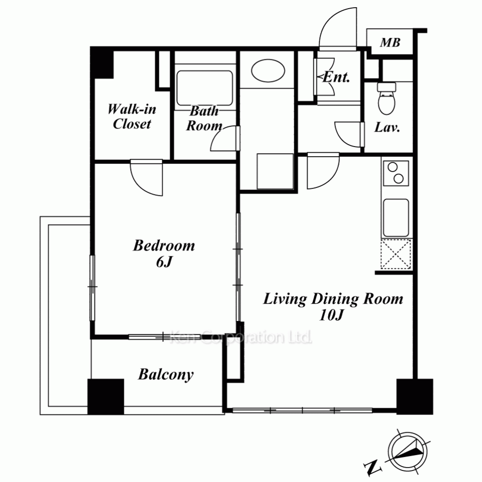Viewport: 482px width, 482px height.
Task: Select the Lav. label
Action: pos(387,127)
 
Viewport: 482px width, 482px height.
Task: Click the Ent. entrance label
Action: pos(336,77)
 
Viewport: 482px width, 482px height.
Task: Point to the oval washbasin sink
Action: pos(268,71)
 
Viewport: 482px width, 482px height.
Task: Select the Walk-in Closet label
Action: pos(132,117)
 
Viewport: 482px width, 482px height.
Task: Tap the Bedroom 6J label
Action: pos(164,254)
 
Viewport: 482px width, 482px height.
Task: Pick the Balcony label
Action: pos(166,374)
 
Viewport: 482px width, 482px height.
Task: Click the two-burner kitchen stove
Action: pos(396,173)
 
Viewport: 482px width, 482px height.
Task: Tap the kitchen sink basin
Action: pos(396,218)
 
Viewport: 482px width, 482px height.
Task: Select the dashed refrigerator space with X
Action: pos(396,254)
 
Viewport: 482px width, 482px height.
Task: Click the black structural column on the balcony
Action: pos(106,397)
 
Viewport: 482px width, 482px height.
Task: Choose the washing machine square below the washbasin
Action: pos(275,171)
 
